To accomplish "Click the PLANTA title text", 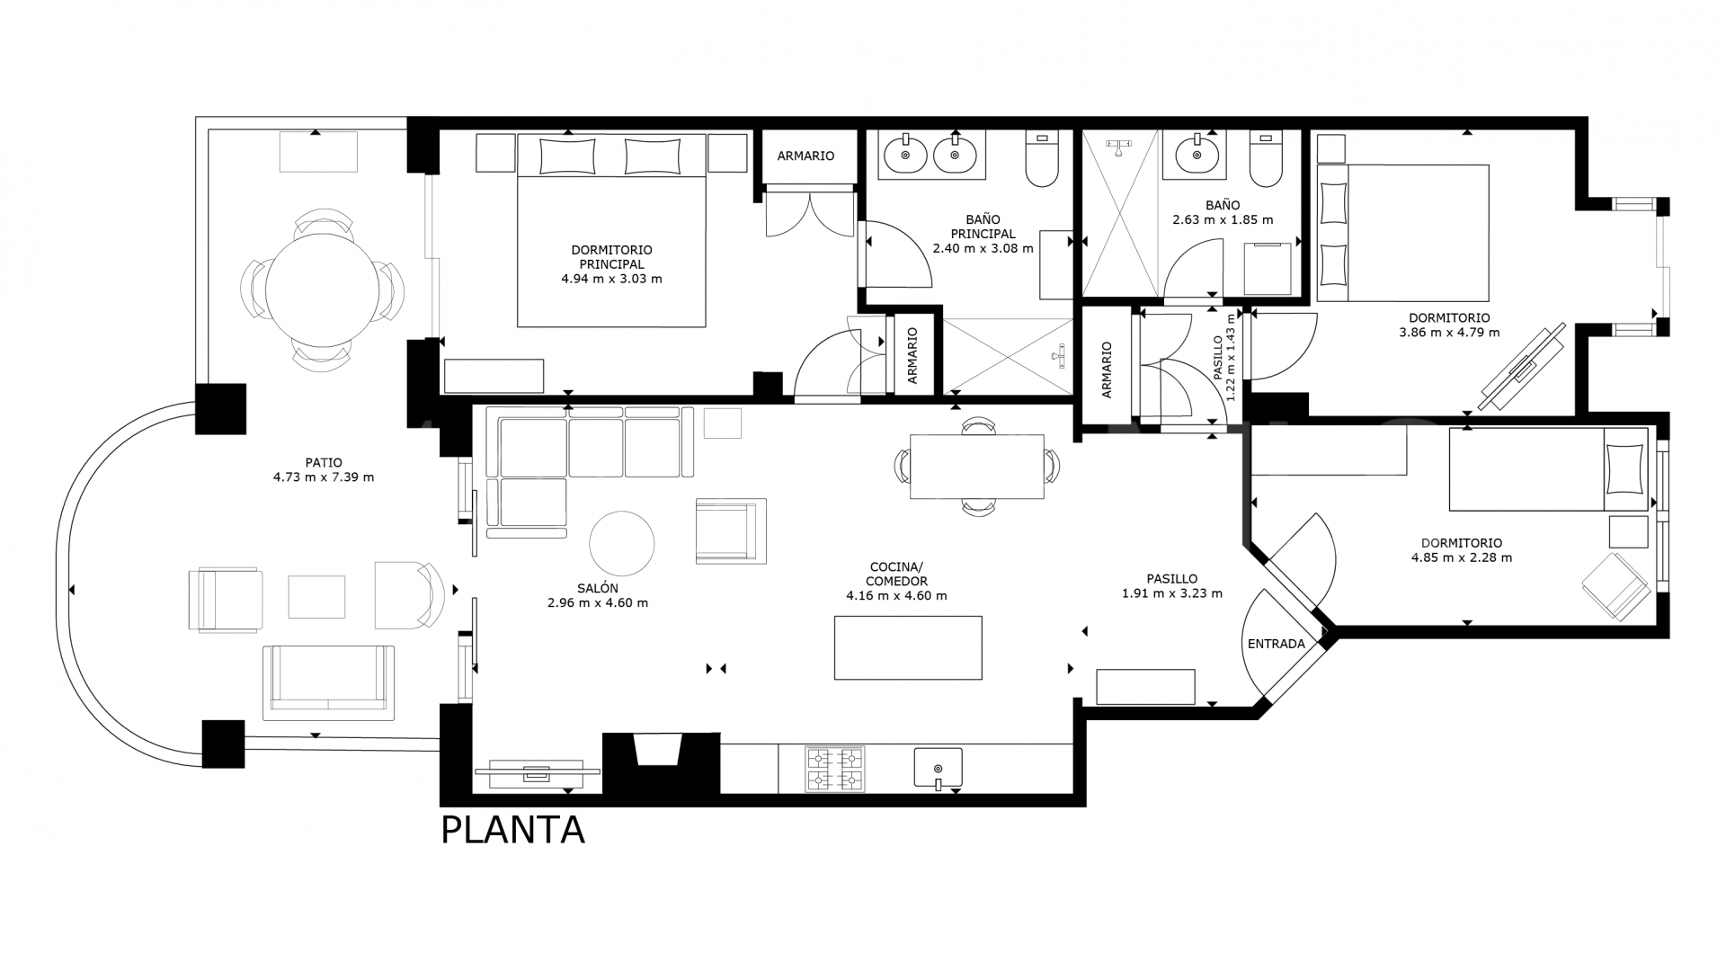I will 512,830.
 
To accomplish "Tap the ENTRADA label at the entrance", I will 1276,644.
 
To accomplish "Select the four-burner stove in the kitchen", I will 834,770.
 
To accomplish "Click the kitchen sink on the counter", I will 938,769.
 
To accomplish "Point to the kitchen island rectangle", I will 908,647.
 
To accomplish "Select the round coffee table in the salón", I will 621,543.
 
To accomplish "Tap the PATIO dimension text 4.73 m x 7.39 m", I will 324,477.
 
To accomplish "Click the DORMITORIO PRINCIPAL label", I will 611,257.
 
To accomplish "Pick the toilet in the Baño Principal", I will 1042,160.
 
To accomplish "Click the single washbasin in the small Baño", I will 1197,155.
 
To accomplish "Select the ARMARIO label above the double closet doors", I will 805,156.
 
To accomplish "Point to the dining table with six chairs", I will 977,467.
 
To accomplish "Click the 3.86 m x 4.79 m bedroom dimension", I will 1449,332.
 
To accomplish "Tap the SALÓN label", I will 598,588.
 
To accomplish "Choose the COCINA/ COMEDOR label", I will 896,574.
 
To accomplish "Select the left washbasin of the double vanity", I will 906,156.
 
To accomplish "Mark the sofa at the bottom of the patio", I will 328,681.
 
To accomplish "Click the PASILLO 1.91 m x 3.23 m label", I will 1171,586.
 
